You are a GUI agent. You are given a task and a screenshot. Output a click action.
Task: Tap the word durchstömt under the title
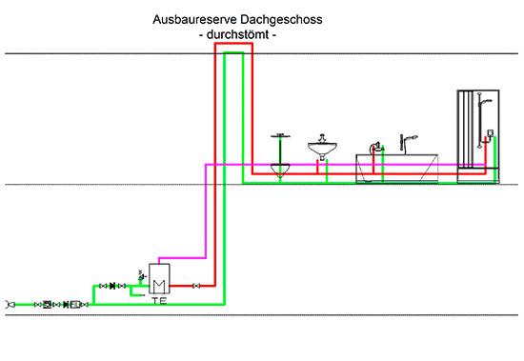[x=235, y=34]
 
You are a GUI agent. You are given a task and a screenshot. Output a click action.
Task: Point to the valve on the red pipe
[x=196, y=286]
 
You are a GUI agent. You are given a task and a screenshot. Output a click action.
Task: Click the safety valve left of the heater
[x=141, y=276]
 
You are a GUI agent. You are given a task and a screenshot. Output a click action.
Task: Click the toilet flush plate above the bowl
[x=279, y=135]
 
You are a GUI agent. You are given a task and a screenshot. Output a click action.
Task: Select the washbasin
[x=324, y=150]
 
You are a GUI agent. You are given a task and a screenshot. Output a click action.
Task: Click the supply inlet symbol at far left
[x=10, y=304]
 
